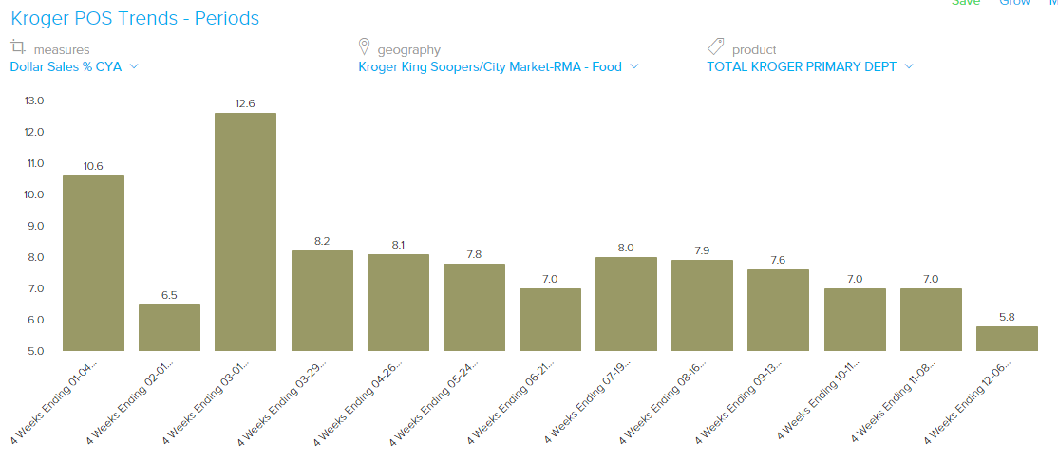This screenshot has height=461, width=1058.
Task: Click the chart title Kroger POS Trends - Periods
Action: pos(134,18)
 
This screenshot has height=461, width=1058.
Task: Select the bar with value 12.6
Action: pos(245,232)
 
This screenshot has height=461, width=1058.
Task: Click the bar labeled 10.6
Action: pos(93,263)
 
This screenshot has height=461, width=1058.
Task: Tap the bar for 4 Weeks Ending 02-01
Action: pos(169,327)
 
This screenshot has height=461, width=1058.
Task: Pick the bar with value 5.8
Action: pos(1007,339)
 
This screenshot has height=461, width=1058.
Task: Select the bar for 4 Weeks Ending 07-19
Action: pos(626,304)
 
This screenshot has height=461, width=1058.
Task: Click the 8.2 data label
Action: pos(322,241)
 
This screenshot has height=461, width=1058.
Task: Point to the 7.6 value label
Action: pos(778,260)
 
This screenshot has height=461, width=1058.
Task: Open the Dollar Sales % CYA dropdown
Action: pos(74,66)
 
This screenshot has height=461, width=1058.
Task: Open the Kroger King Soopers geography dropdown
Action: pos(498,66)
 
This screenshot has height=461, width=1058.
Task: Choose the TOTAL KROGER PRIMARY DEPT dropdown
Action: pos(809,66)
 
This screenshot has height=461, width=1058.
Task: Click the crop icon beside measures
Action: pos(18,46)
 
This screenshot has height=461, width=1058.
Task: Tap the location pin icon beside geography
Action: pos(364,46)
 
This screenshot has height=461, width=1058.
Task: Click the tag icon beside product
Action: pos(716,46)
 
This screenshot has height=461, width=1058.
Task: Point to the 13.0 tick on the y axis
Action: pos(34,101)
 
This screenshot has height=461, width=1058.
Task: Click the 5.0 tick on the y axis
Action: pos(34,351)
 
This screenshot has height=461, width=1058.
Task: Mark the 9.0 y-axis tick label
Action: pos(34,226)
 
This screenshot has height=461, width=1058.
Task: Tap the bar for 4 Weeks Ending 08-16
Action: pos(702,305)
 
